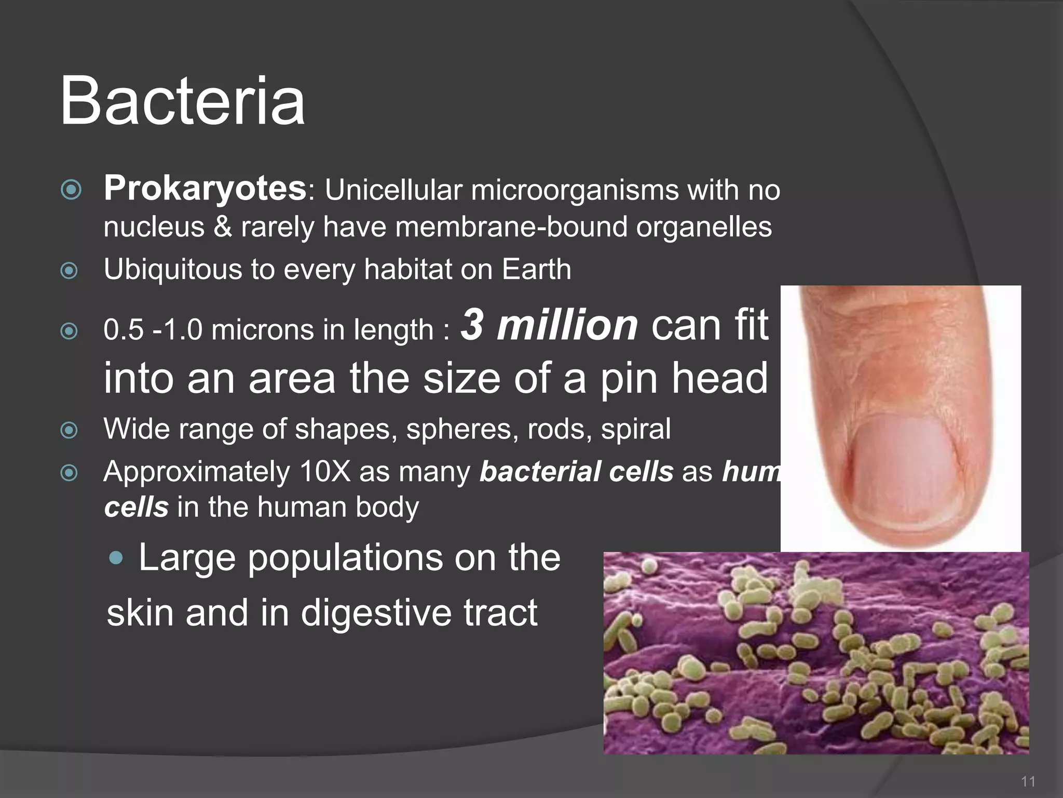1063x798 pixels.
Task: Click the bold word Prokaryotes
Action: pyautogui.click(x=205, y=188)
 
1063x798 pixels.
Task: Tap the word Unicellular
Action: pyautogui.click(x=393, y=190)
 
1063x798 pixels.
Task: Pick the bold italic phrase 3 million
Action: pyautogui.click(x=549, y=325)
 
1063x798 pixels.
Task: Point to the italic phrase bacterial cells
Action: pyautogui.click(x=576, y=472)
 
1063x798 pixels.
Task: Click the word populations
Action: pyautogui.click(x=345, y=558)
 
